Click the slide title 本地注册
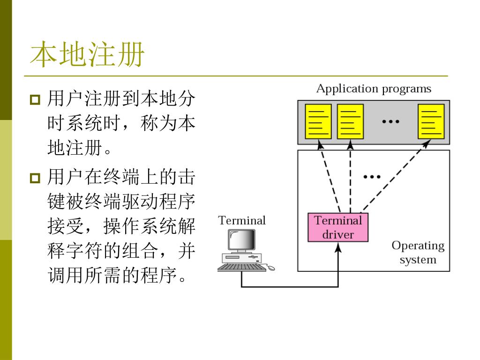tap(87, 54)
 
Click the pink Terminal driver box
tap(337, 227)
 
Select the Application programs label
tap(374, 89)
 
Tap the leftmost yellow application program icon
tap(318, 121)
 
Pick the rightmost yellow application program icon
tap(431, 121)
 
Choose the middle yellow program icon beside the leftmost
tap(350, 121)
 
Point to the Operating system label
tap(418, 252)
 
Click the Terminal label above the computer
tap(242, 220)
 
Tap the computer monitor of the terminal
tap(241, 240)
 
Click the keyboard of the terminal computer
tap(242, 267)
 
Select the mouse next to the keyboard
tap(271, 268)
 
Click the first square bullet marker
tap(35, 100)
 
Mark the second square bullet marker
tap(35, 178)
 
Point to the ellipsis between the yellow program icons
tap(390, 121)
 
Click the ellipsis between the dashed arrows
tap(372, 177)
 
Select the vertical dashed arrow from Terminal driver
tap(351, 176)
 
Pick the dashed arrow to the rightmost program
tap(396, 176)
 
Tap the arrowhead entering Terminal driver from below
tap(338, 247)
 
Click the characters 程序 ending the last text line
tap(158, 275)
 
